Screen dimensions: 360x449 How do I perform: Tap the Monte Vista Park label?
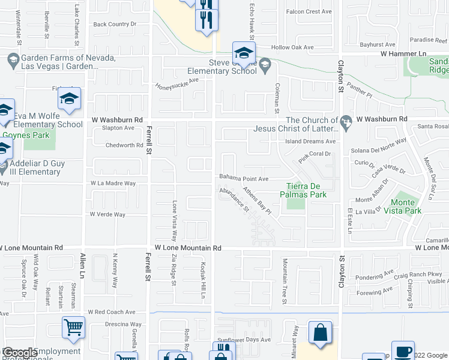(x=402, y=206)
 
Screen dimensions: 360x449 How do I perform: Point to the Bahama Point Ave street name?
(x=243, y=179)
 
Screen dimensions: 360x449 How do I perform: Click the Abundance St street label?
(x=234, y=200)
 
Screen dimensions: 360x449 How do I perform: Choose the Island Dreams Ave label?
(x=310, y=142)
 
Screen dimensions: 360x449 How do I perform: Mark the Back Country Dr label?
(x=115, y=25)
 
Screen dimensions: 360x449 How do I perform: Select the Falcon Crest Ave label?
(x=309, y=11)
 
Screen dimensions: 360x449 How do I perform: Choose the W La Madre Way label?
(x=113, y=183)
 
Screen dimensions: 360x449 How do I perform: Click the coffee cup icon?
(x=402, y=351)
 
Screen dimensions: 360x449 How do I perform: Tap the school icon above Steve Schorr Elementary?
(x=244, y=53)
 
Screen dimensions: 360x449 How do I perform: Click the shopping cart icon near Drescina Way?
(x=73, y=327)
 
